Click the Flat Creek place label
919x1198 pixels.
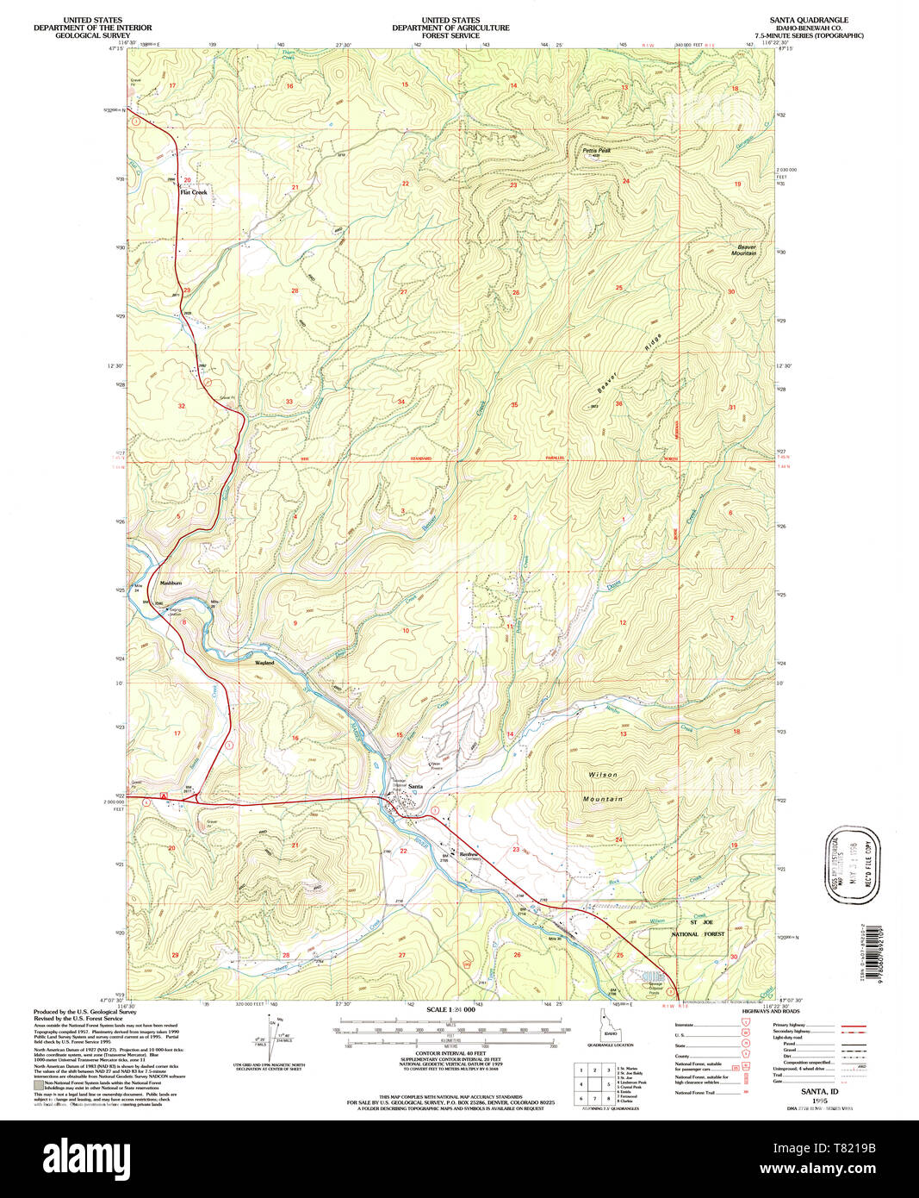194,192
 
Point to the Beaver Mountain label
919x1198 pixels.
744,250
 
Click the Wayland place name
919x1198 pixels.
264,663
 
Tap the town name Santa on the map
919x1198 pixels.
416,787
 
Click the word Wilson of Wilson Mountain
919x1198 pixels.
603,775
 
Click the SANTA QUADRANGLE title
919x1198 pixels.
809,20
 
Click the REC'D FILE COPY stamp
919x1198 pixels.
854,864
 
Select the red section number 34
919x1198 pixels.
401,402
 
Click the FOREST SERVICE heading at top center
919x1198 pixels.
450,35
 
